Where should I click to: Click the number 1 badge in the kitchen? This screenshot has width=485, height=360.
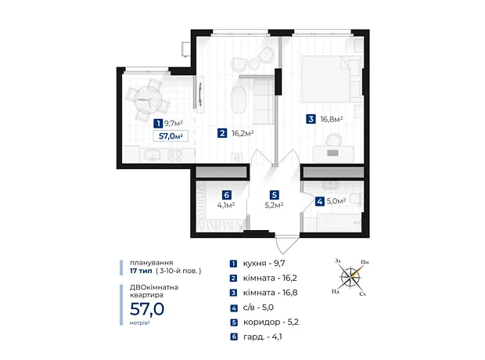(x=158, y=124)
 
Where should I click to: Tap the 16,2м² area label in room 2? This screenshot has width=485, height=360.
(x=242, y=133)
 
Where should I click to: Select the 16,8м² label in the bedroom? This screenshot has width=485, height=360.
(x=331, y=119)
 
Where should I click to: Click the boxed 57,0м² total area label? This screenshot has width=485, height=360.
(x=171, y=136)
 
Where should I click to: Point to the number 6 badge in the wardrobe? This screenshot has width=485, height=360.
(x=227, y=195)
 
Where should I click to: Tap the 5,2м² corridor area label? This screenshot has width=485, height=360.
(x=275, y=205)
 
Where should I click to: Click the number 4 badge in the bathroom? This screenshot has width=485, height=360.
(x=320, y=201)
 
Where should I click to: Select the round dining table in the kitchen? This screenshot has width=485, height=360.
(x=148, y=101)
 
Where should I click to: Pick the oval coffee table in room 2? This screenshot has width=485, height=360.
(x=239, y=100)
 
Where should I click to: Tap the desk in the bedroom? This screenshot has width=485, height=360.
(x=333, y=153)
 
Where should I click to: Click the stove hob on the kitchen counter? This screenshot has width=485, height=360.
(x=174, y=155)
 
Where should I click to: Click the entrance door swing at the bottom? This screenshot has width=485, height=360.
(x=287, y=244)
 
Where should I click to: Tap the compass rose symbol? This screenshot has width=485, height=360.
(x=350, y=276)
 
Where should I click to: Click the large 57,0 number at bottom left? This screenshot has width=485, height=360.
(x=147, y=308)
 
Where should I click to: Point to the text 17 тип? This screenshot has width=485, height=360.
(x=141, y=271)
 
